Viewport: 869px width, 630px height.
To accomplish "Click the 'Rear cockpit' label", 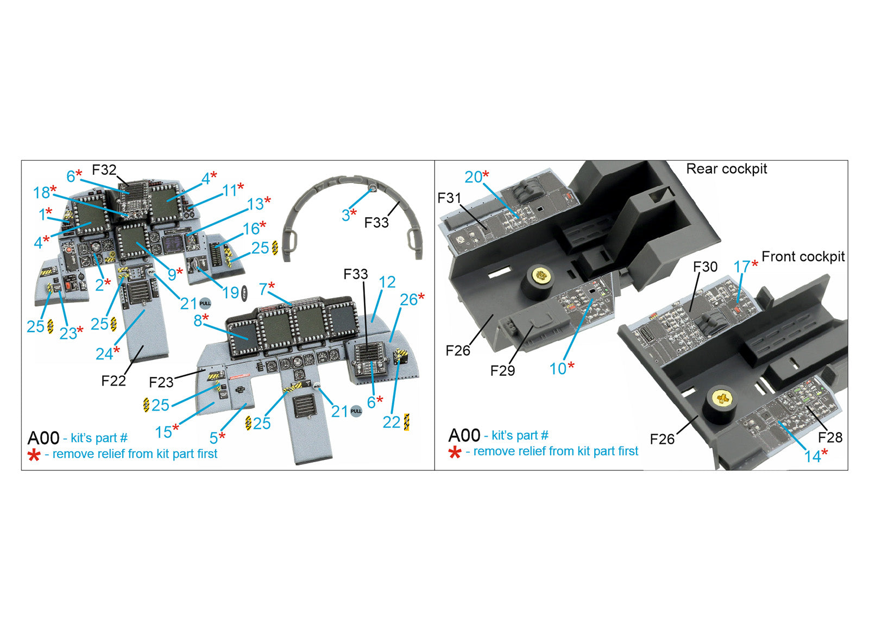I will coord(726,169).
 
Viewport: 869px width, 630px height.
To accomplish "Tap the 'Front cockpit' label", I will coord(803,256).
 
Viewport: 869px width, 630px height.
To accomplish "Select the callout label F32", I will coord(104,170).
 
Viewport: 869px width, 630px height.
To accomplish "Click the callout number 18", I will coord(42,192).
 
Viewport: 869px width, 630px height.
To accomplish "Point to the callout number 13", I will coord(255,204).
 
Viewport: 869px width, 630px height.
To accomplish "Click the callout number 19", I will coord(231,293).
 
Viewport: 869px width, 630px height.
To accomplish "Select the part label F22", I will coord(113,381).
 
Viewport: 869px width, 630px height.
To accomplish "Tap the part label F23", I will coord(161,382).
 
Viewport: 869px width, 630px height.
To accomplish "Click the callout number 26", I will coord(408,299).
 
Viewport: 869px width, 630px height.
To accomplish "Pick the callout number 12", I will coord(387,282).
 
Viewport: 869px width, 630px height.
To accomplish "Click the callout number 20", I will coord(473,177).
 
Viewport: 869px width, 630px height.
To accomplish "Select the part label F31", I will coord(449,198).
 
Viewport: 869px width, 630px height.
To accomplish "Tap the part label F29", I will coord(502,370).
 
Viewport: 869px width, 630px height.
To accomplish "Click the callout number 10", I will coord(558,369).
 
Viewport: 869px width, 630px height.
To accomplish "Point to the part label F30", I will coord(705,267).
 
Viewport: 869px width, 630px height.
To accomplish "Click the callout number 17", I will coord(741,267).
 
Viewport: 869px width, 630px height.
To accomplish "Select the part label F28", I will coord(830,437).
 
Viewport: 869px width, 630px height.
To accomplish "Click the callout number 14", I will coord(813,456).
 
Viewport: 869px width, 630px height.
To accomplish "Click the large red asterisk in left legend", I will coord(34,455).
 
